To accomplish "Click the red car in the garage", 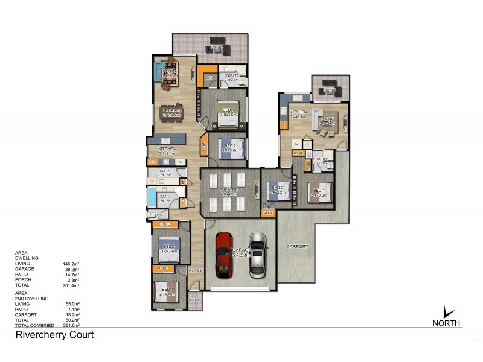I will [223, 254].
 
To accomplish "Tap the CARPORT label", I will [296, 246].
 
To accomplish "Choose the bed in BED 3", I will [168, 247].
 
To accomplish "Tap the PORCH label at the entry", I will [194, 300].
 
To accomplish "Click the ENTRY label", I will [196, 271].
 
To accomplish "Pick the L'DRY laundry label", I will [165, 171].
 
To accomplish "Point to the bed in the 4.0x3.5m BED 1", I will [228, 113].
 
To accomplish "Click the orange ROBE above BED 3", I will [165, 224].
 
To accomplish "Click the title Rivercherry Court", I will [54, 335].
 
